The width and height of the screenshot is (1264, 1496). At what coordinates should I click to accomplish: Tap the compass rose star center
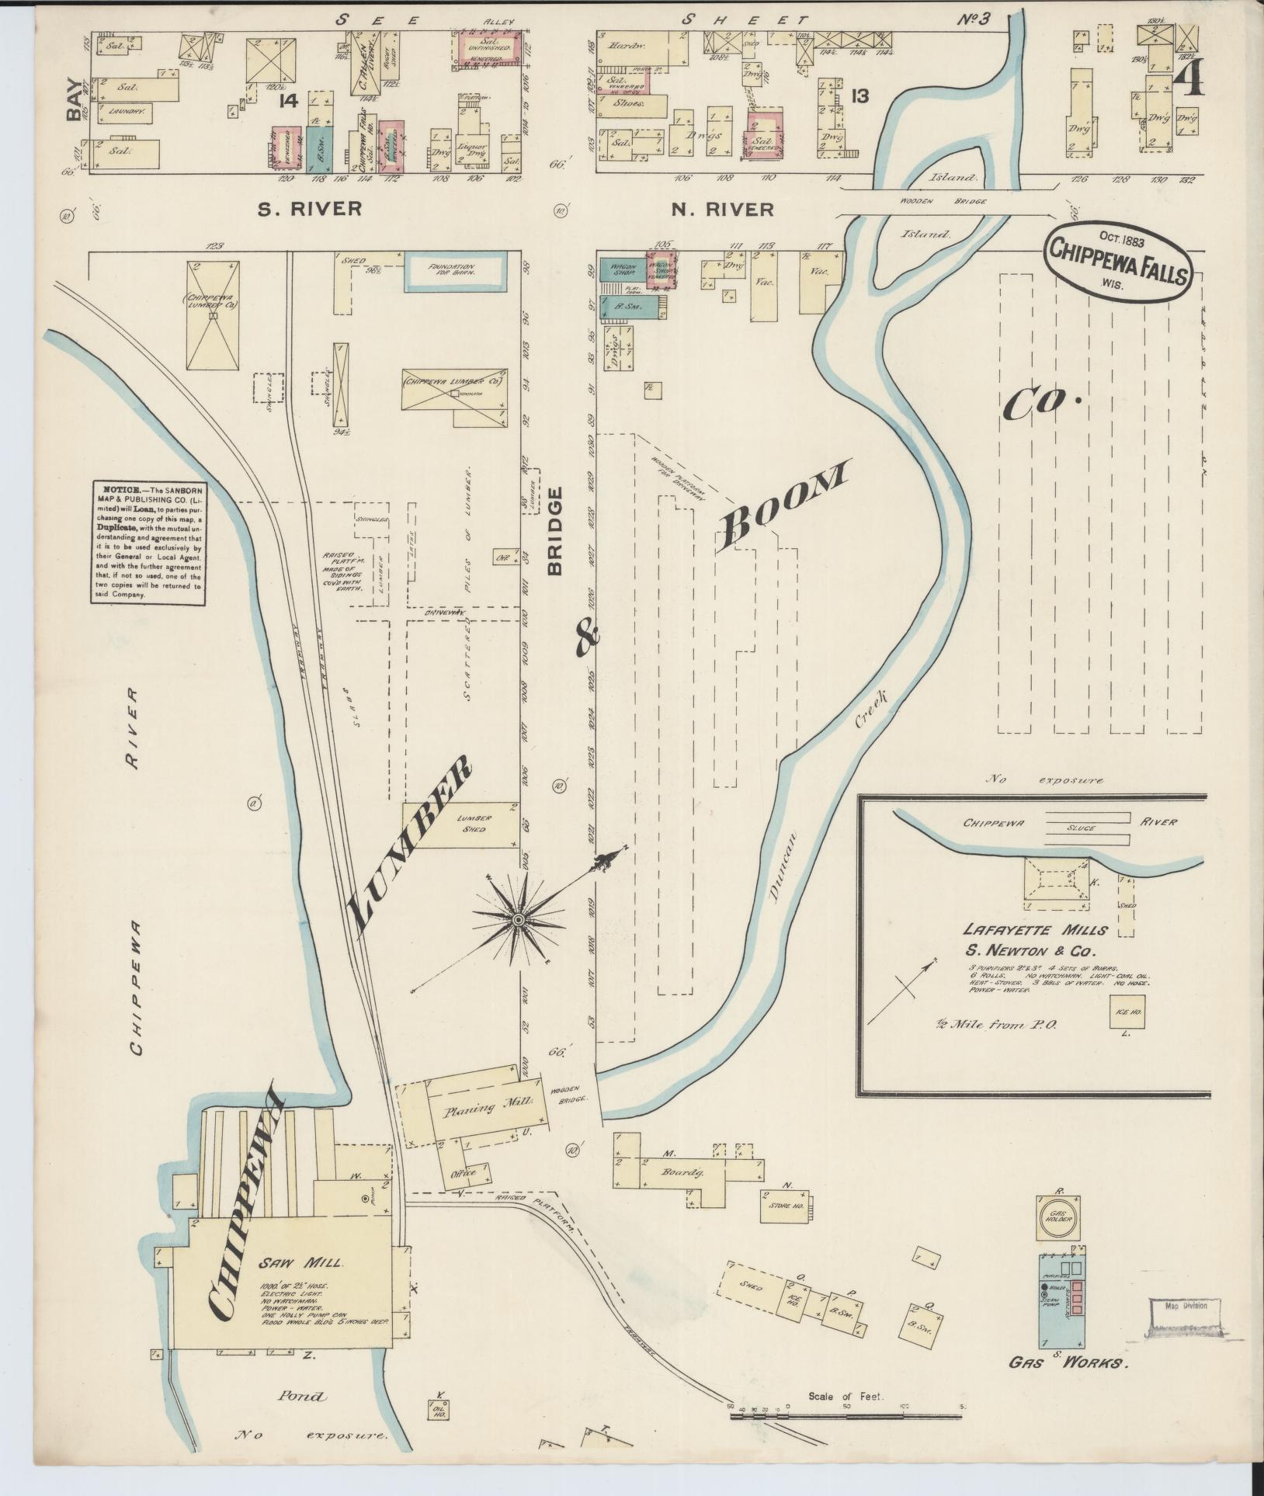coord(517,920)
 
